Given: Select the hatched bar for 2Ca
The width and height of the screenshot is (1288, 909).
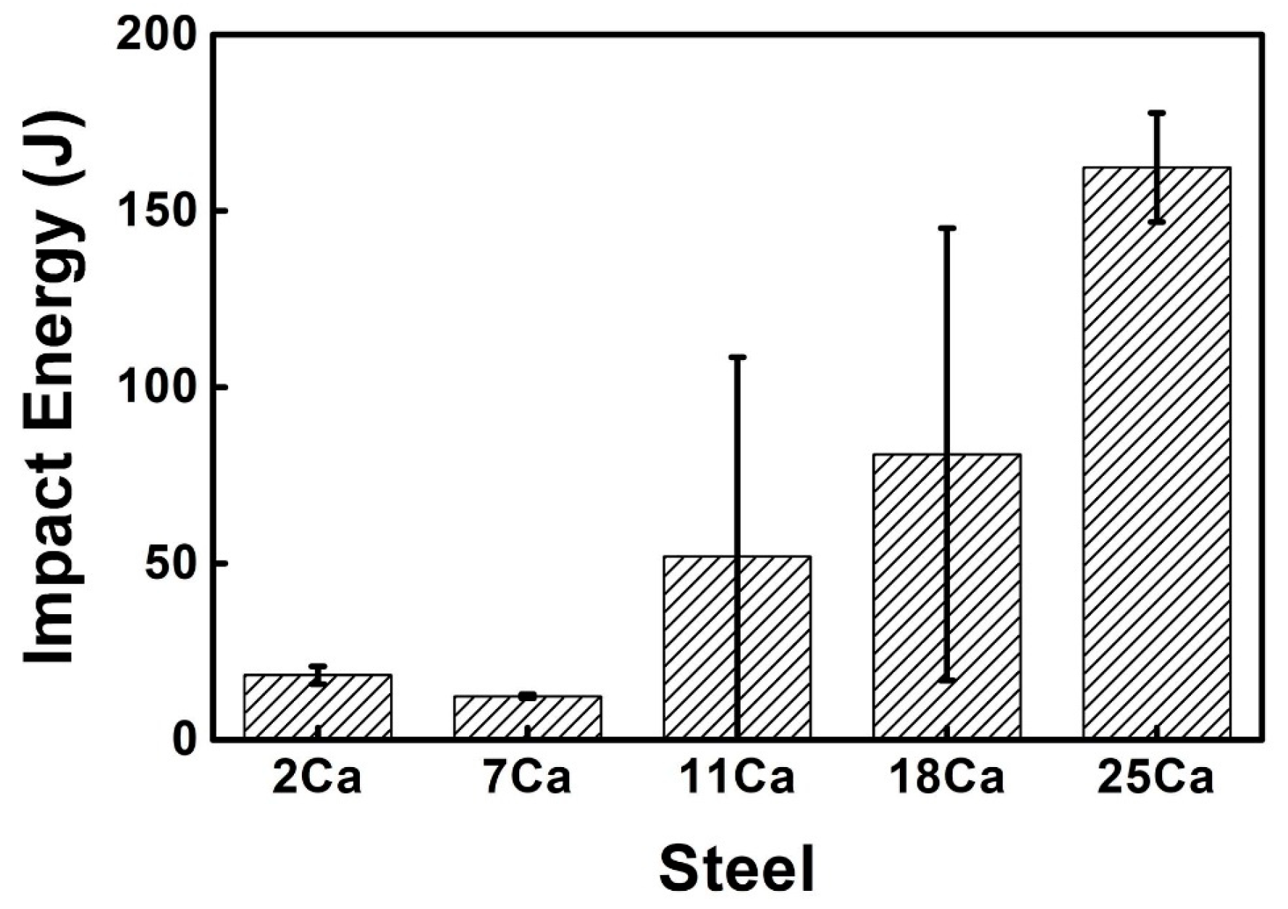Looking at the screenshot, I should pos(318,706).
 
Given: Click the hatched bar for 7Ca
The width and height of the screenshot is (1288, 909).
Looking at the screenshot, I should pos(528,717).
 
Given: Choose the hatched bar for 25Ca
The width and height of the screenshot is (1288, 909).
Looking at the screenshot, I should pos(1157,453).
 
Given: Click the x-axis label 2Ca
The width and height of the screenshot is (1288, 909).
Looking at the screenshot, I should pos(317,779).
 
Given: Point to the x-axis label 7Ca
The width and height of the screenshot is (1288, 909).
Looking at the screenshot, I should pos(528,779).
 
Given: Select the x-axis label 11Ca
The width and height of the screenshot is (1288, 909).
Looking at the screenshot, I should pos(737,779).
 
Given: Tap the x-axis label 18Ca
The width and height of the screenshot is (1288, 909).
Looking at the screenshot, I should pos(947,779).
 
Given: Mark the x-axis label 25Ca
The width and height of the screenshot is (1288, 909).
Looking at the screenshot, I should pos(1156,779).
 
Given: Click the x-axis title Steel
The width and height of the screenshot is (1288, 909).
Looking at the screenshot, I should pos(737,868).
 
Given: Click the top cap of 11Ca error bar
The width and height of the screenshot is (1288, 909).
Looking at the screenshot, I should pos(737,357).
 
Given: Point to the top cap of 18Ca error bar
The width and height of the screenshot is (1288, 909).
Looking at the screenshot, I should pos(947,228).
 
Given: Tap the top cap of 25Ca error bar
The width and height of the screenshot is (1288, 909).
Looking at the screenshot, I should pos(1157,113).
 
